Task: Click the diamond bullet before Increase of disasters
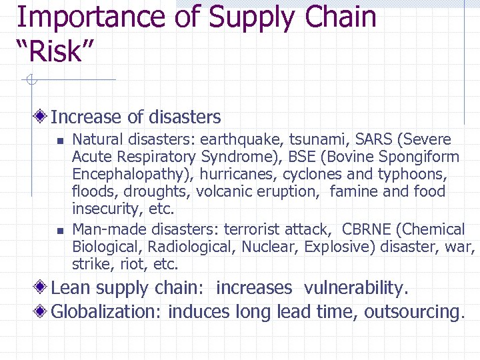tap(41, 117)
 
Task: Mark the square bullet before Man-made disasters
tap(59, 231)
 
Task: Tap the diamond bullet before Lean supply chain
tap(41, 288)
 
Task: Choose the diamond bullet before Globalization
tap(41, 311)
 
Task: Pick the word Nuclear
tap(270, 247)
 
